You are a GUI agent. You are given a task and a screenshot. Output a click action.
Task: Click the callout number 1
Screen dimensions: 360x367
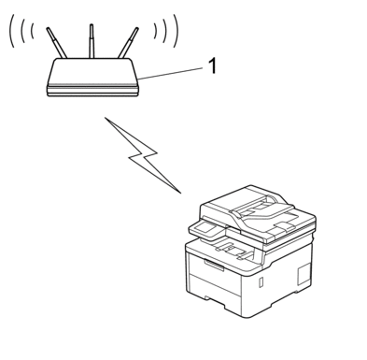[212, 66]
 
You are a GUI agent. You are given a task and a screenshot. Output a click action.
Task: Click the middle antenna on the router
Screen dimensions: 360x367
[91, 41]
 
